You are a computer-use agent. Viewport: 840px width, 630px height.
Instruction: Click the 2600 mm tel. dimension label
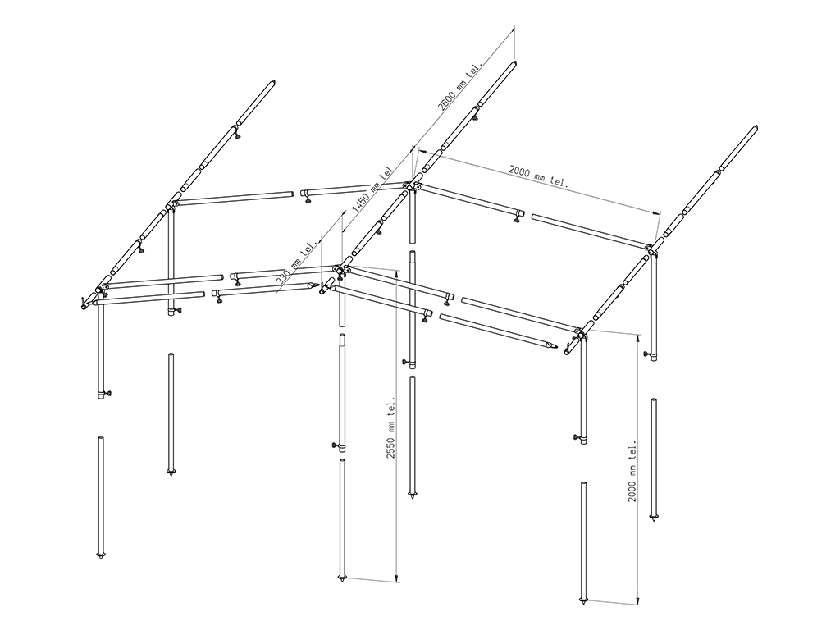460,85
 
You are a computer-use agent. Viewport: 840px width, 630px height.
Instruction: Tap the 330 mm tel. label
298,262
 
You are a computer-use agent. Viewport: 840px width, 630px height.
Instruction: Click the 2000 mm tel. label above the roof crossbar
537,176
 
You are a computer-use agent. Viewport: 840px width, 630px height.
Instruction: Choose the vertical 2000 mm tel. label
632,471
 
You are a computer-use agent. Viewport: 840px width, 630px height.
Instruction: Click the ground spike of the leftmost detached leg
101,555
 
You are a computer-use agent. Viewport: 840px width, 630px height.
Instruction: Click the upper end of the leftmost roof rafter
272,82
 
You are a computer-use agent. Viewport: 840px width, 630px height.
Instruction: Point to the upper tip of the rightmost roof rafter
756,127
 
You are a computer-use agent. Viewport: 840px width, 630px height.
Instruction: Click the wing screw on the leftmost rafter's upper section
237,136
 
